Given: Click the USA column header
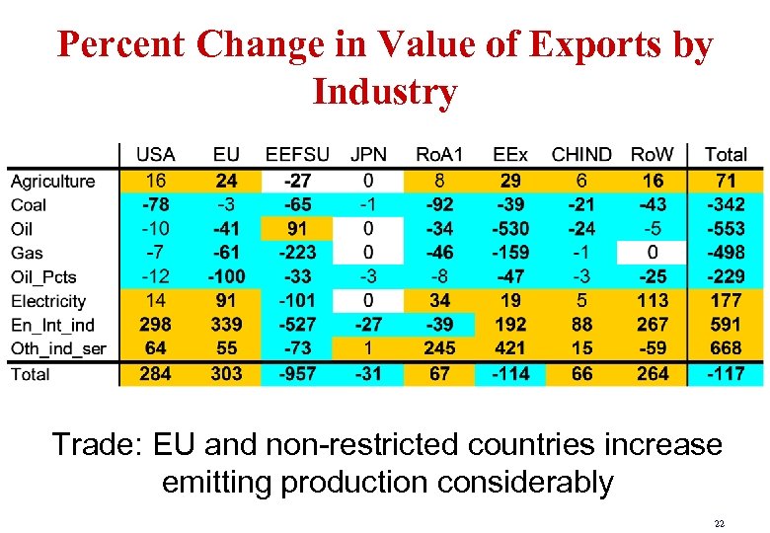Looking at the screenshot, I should tap(155, 155).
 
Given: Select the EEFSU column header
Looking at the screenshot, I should tap(297, 155).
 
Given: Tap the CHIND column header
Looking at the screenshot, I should tap(580, 155).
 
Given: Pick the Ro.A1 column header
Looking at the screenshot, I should tap(439, 155).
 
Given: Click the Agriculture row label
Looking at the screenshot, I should tap(52, 182).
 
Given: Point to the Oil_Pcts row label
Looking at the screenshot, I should tap(43, 277).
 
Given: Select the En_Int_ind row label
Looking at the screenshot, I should tap(52, 325).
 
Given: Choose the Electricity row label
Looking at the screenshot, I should tap(48, 301).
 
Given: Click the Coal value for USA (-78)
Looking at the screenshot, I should tap(155, 205).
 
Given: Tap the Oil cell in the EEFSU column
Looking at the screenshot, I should tap(297, 229).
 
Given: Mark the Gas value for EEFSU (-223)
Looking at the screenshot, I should tap(297, 253).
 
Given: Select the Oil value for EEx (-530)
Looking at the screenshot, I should tap(510, 229).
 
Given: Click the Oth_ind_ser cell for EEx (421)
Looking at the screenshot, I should tap(510, 348).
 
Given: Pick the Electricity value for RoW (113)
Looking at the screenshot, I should tap(653, 301).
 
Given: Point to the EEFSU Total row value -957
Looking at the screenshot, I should tap(297, 374).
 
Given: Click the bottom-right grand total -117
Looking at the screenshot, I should tap(726, 374).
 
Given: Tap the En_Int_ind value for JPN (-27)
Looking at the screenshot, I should tap(368, 325).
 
